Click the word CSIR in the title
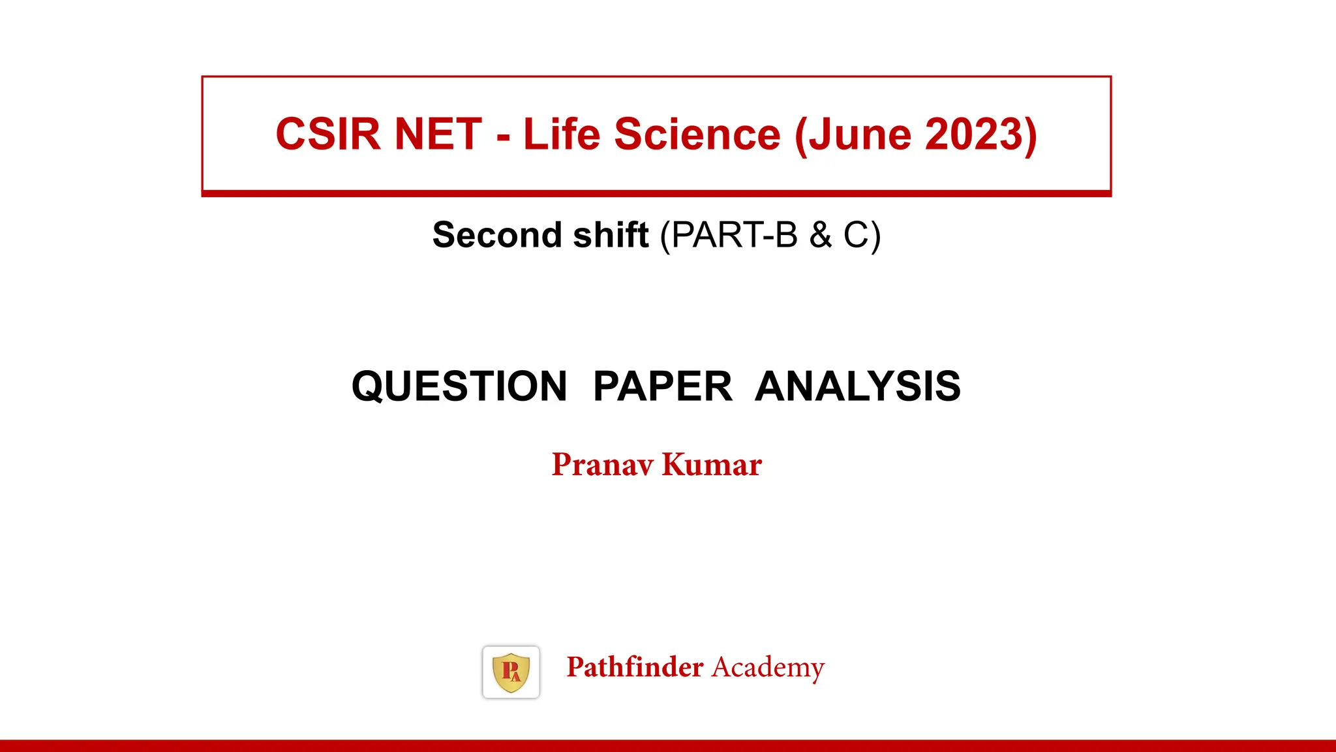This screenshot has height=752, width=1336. pyautogui.click(x=327, y=134)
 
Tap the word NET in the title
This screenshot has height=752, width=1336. pyautogui.click(x=438, y=134)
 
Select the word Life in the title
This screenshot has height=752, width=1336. pyautogui.click(x=561, y=134)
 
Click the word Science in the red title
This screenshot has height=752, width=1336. pyautogui.click(x=697, y=134)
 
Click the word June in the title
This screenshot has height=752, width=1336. pyautogui.click(x=859, y=134)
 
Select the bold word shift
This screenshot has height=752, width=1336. pyautogui.click(x=611, y=235)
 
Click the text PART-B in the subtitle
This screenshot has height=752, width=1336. pyautogui.click(x=735, y=235)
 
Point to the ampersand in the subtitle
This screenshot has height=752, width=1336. pyautogui.click(x=821, y=235)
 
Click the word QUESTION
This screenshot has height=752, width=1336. pyautogui.click(x=459, y=386)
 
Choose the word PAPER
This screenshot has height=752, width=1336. pyautogui.click(x=663, y=386)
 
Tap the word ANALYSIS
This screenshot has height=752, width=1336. pyautogui.click(x=857, y=386)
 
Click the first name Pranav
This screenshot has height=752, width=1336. pyautogui.click(x=602, y=465)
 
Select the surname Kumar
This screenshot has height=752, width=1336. pyautogui.click(x=712, y=465)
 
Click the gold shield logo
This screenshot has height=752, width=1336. pyautogui.click(x=511, y=672)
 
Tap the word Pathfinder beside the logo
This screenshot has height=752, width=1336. pyautogui.click(x=635, y=667)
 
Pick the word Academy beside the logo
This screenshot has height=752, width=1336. pyautogui.click(x=768, y=667)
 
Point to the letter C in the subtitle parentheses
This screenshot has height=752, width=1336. pyautogui.click(x=855, y=235)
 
